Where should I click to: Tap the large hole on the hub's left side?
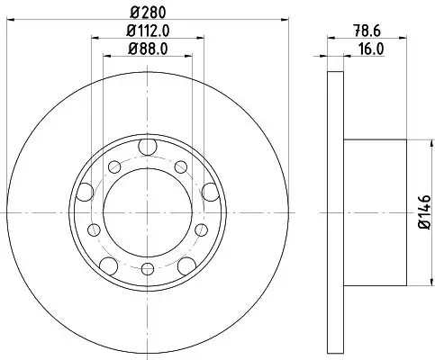coord(86,190)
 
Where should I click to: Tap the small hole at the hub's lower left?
coord(92,228)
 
